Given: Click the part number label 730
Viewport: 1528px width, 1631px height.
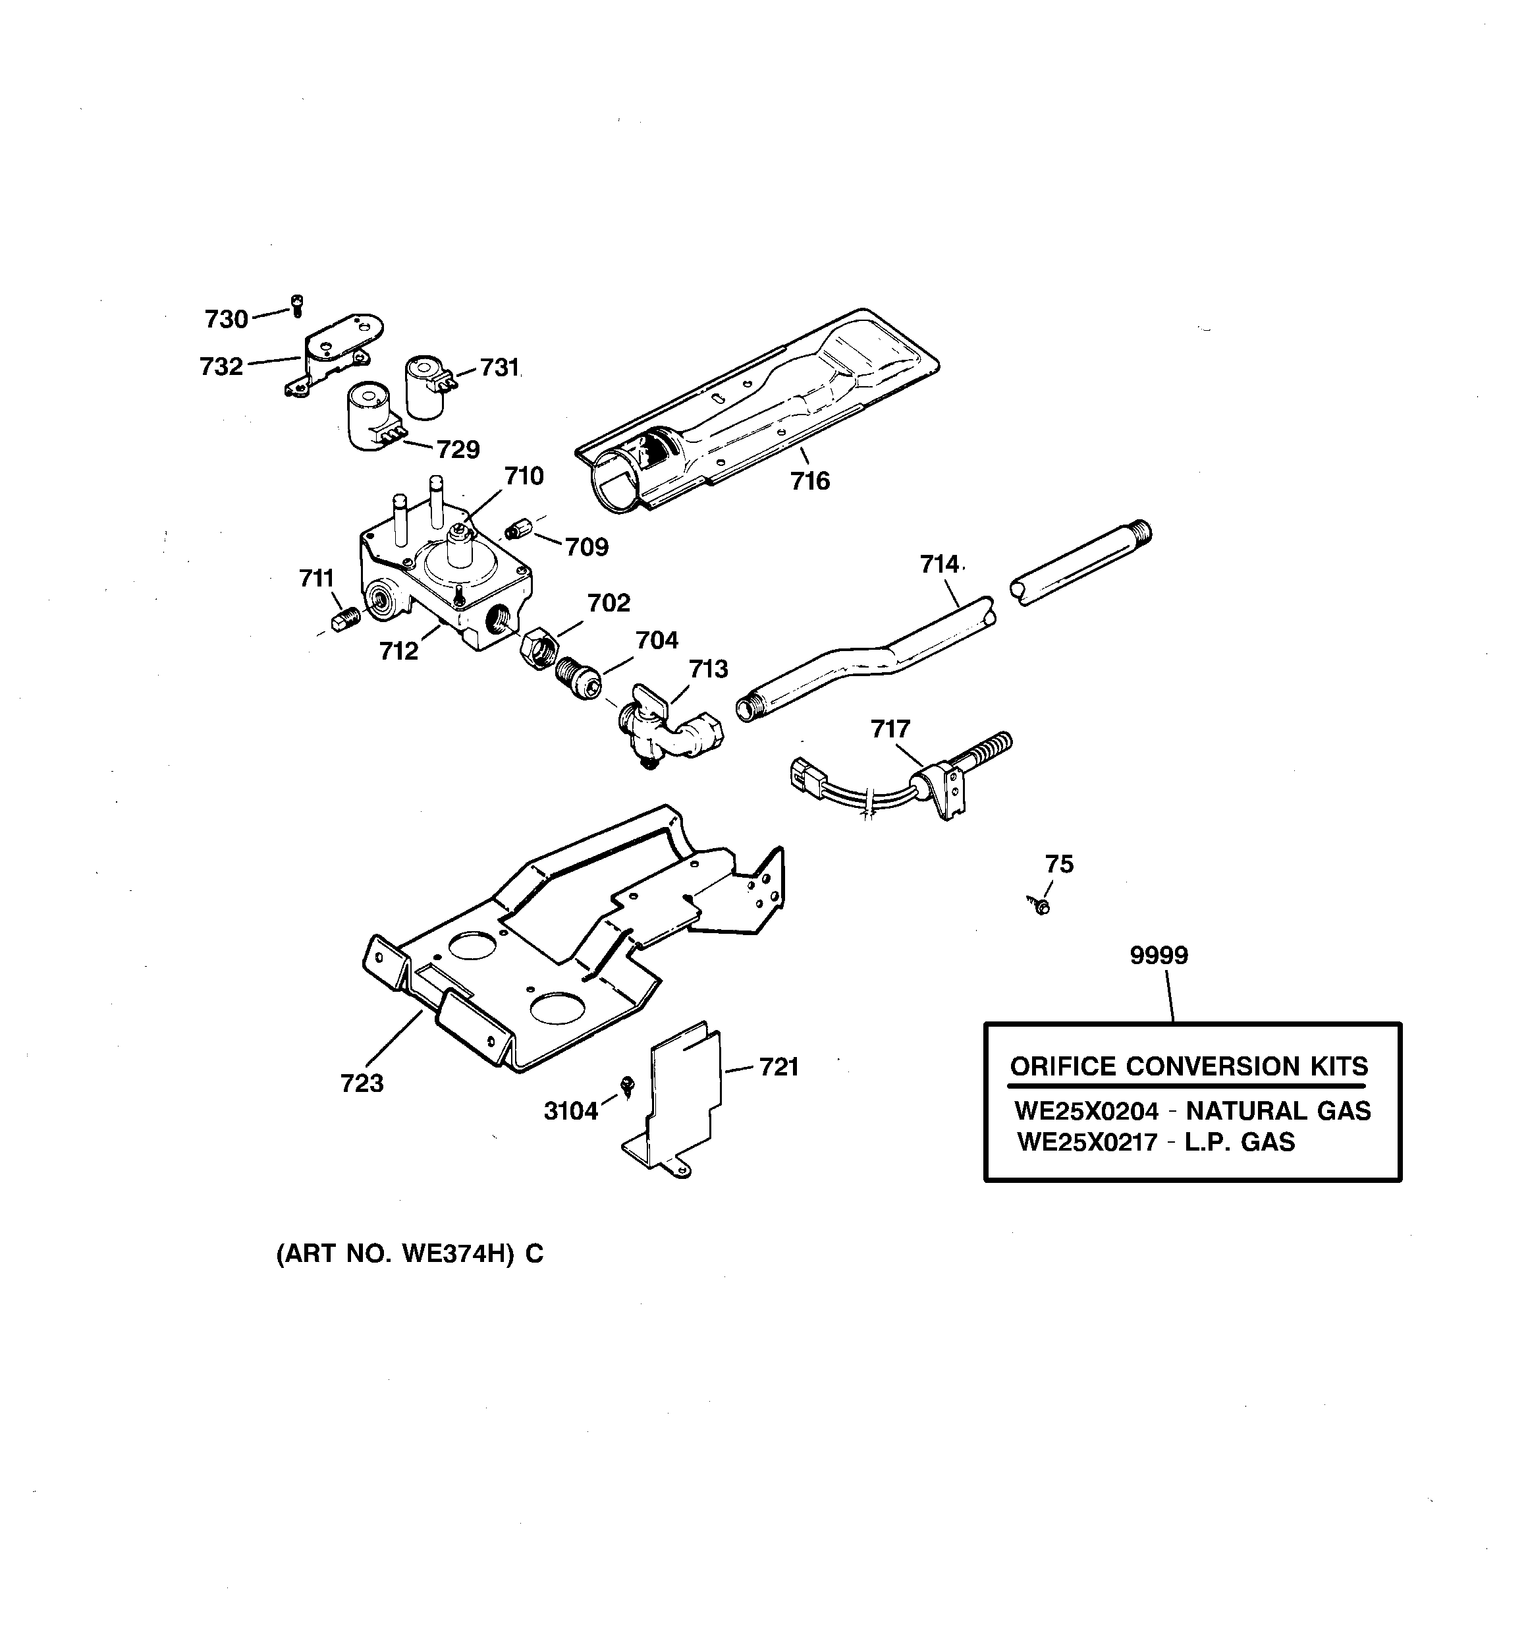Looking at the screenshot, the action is point(225,319).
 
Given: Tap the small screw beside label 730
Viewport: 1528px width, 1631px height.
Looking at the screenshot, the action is point(298,305).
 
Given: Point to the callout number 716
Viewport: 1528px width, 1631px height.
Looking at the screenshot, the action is point(809,481).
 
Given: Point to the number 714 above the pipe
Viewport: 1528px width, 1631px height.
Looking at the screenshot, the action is point(939,565).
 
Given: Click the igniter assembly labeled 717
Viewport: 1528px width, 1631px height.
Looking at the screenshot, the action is point(927,780).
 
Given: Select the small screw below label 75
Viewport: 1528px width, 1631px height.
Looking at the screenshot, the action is point(1041,905).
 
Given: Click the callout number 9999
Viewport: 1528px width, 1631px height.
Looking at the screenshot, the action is point(1158,955).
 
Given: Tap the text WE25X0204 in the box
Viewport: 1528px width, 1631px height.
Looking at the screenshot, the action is point(1086,1111).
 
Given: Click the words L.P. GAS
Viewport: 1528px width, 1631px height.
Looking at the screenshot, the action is point(1240,1141).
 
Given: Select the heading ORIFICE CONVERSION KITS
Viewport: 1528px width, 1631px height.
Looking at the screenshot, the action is point(1188,1066).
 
